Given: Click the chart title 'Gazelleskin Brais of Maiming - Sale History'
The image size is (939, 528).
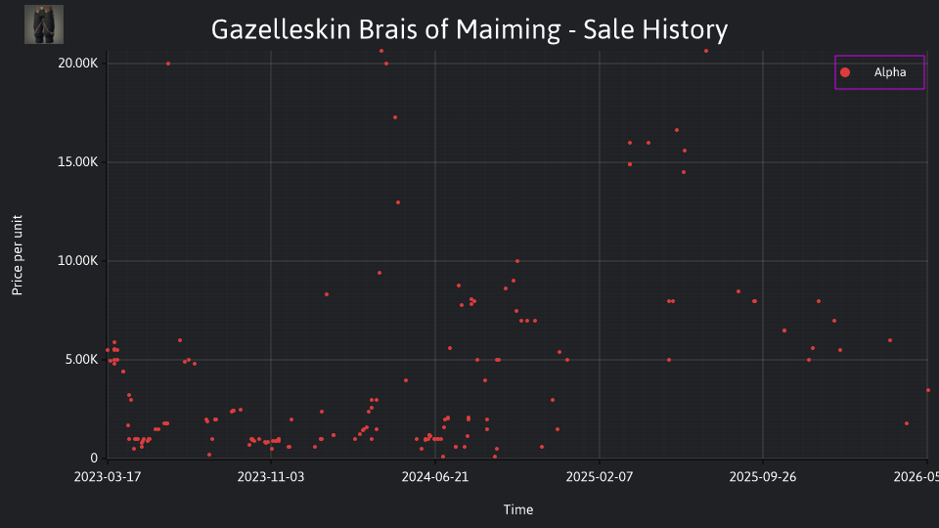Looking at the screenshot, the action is pyautogui.click(x=469, y=29).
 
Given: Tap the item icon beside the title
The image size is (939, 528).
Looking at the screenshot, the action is pyautogui.click(x=44, y=24).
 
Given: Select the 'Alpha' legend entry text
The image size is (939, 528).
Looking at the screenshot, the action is pyautogui.click(x=890, y=72).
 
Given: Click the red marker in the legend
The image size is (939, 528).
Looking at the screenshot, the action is pyautogui.click(x=845, y=72).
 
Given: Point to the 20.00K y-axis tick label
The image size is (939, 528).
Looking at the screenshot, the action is pyautogui.click(x=78, y=64).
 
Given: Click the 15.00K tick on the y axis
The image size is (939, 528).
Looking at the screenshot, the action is pyautogui.click(x=78, y=162).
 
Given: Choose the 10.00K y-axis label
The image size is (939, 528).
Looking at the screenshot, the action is pyautogui.click(x=78, y=261).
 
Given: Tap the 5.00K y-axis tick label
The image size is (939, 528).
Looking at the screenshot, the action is pyautogui.click(x=82, y=360).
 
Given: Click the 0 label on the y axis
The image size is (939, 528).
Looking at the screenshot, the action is pyautogui.click(x=94, y=458).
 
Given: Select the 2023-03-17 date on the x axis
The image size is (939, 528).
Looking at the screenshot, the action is pyautogui.click(x=108, y=477).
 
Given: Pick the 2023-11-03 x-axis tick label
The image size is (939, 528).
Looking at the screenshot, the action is pyautogui.click(x=271, y=477).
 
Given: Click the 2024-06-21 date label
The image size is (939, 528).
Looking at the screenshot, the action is pyautogui.click(x=434, y=477).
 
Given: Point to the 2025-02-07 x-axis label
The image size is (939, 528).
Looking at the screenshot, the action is pyautogui.click(x=600, y=477).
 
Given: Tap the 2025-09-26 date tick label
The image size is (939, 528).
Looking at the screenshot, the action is pyautogui.click(x=763, y=477).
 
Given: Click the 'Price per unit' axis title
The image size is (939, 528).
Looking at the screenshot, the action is pyautogui.click(x=18, y=255).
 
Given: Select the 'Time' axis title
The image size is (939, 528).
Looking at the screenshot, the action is pyautogui.click(x=518, y=509).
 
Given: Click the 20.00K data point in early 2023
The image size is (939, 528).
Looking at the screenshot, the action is pyautogui.click(x=168, y=64).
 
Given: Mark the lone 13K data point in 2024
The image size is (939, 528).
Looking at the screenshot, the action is pyautogui.click(x=398, y=202).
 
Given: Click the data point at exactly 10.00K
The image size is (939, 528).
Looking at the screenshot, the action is pyautogui.click(x=517, y=261).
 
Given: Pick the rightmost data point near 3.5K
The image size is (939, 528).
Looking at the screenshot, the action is pyautogui.click(x=928, y=390).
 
